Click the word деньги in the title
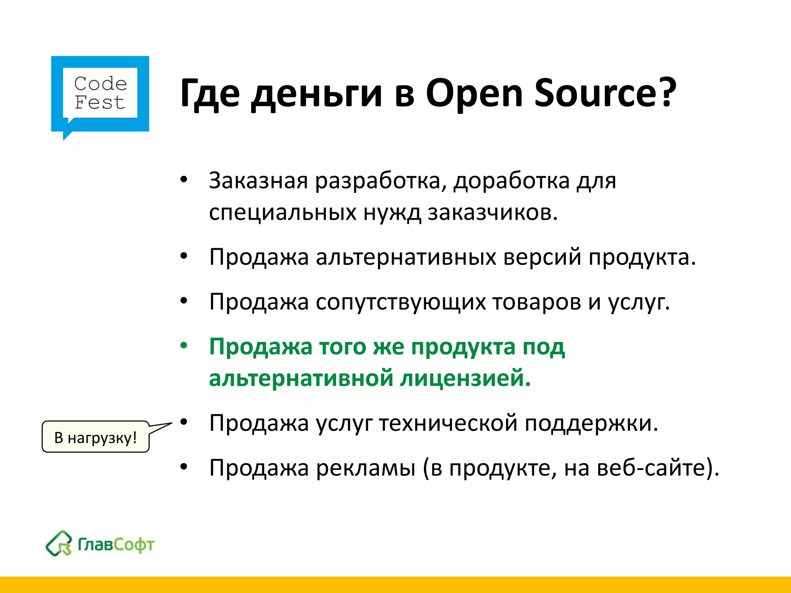(x=316, y=94)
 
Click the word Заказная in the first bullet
(x=258, y=180)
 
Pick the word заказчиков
(x=492, y=212)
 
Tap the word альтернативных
(x=406, y=257)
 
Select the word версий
(x=542, y=257)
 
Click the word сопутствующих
(x=401, y=302)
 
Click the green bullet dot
(x=184, y=345)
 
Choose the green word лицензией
(x=465, y=378)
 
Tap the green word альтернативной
(x=301, y=378)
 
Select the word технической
(x=448, y=423)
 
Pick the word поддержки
(x=591, y=423)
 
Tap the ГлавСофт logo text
(x=116, y=544)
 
